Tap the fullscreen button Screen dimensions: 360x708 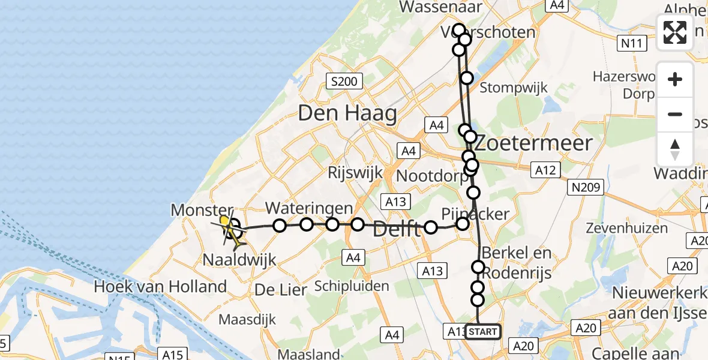point(675,32)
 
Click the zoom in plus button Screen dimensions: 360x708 point(675,79)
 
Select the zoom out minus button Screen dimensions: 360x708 point(675,114)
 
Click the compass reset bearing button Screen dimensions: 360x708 point(675,149)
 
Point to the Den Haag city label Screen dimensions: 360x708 point(347,113)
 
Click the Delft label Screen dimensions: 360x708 point(396,229)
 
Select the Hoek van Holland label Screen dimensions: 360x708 point(160,287)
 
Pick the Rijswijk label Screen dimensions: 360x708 point(355,173)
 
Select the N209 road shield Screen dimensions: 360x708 point(586,188)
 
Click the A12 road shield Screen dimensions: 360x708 point(545,170)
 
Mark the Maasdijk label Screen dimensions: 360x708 point(245,319)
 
